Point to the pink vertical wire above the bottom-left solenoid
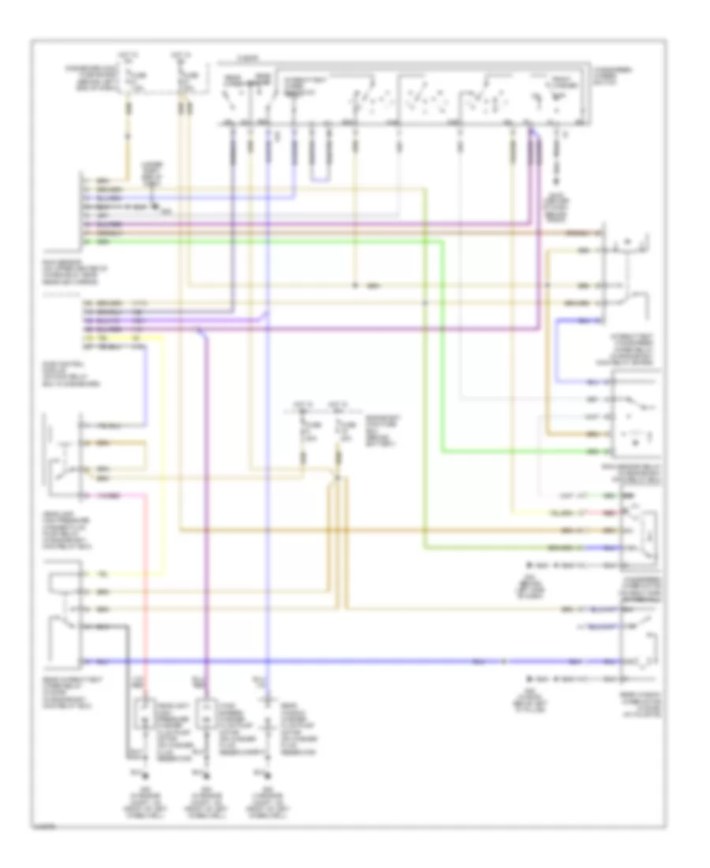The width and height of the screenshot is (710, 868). (x=144, y=584)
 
